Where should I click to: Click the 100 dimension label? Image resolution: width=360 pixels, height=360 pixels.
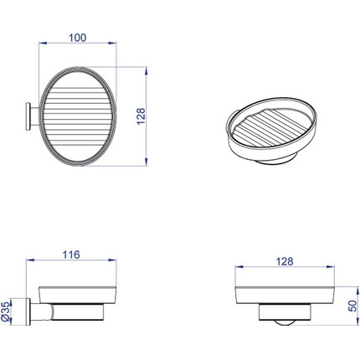click(x=78, y=38)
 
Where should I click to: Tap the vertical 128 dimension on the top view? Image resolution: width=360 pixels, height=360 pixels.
click(x=141, y=116)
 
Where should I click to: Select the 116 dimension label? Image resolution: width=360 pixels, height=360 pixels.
click(x=71, y=255)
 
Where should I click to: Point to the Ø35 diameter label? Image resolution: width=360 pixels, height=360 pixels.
click(x=6, y=311)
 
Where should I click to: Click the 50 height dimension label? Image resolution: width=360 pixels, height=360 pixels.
click(x=352, y=306)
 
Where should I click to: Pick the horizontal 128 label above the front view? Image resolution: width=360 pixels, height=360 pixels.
click(x=285, y=261)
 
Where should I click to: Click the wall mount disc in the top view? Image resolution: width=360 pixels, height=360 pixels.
click(x=28, y=116)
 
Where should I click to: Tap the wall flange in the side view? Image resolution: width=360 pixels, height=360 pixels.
click(x=28, y=311)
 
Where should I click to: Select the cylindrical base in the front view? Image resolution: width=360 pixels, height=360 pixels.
click(x=285, y=312)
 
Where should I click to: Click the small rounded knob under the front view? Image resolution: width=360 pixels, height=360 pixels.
click(x=285, y=322)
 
